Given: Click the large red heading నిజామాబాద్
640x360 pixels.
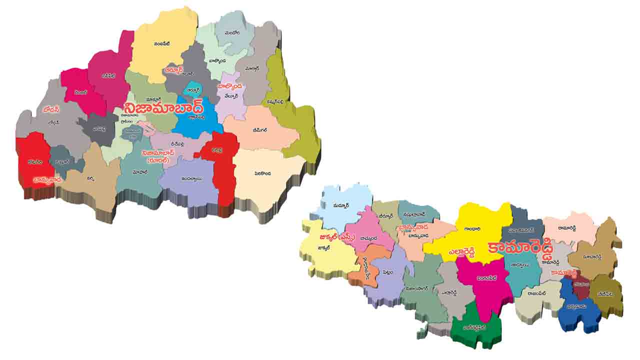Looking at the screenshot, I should (164, 108).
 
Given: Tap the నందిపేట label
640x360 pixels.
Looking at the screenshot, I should (162, 44).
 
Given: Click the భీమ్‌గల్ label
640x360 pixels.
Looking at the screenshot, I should (259, 130).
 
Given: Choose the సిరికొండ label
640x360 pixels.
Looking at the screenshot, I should (262, 173).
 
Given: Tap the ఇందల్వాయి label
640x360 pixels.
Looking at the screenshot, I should (191, 178).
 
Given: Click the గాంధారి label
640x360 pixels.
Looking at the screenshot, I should (472, 229).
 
